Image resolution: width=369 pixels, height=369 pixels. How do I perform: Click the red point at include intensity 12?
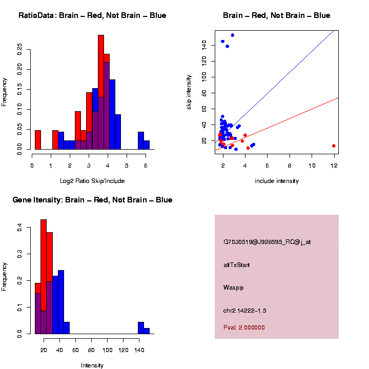click(x=334, y=146)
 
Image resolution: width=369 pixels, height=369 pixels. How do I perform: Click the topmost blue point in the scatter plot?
click(x=232, y=35)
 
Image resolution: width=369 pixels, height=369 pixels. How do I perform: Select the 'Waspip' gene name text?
click(x=234, y=288)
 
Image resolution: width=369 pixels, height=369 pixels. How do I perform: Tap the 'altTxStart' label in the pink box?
click(x=237, y=265)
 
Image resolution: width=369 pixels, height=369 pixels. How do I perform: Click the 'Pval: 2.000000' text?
click(x=244, y=327)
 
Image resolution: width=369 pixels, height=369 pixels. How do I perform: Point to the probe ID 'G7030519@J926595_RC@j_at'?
click(x=267, y=242)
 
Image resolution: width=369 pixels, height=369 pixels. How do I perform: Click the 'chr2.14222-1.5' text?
click(x=245, y=311)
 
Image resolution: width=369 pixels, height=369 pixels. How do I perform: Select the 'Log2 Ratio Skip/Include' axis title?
click(x=92, y=181)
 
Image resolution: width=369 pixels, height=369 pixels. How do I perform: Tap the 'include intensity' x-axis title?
click(x=277, y=181)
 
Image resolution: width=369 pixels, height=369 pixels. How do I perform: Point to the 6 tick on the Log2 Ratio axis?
click(x=146, y=166)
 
